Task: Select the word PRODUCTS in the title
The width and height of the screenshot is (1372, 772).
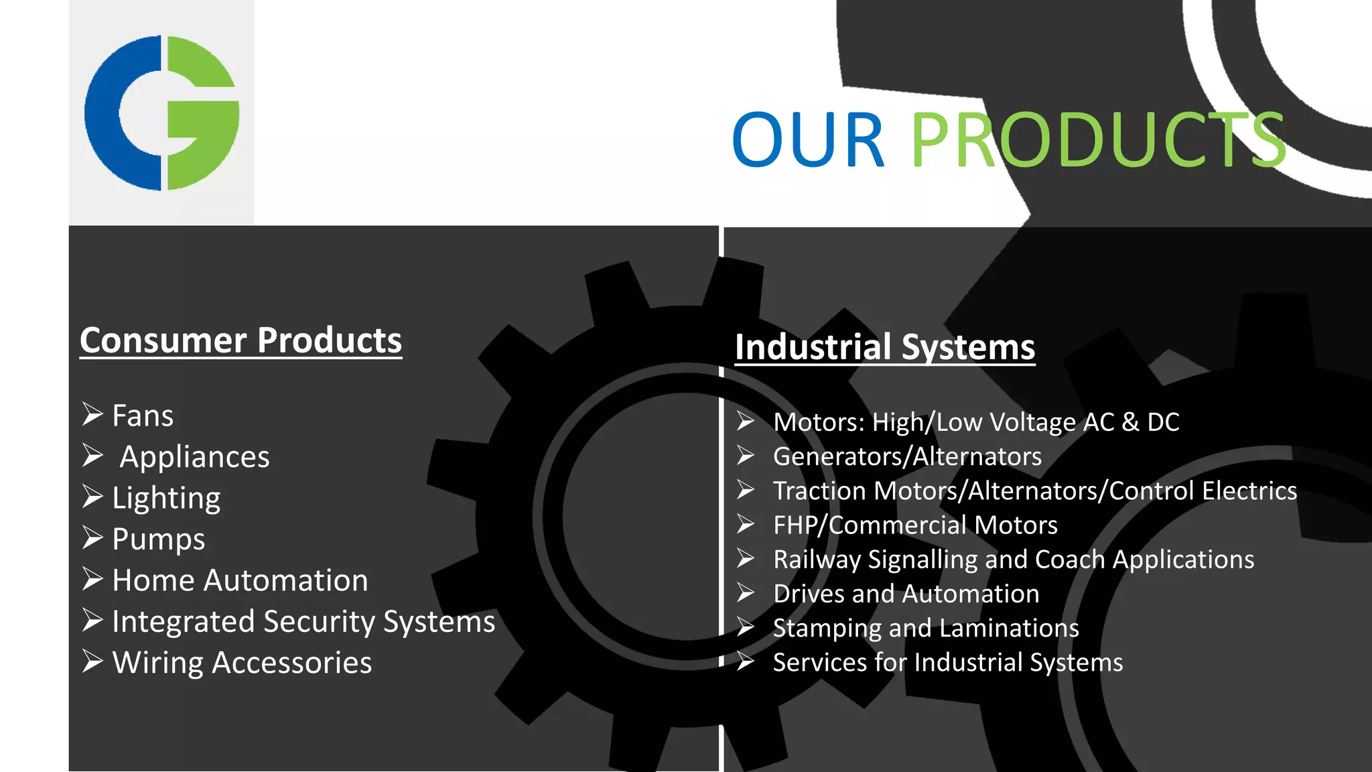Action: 1097,141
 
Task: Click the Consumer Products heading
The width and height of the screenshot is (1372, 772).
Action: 241,340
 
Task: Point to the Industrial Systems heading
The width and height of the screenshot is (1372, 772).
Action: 884,347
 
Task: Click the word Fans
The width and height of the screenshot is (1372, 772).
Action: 143,415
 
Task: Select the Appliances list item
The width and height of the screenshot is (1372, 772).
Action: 194,457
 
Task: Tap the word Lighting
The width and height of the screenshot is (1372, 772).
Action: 166,498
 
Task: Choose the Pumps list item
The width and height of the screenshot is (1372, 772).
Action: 159,539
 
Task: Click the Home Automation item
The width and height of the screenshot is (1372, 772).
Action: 240,580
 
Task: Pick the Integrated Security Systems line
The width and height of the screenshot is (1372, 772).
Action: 303,621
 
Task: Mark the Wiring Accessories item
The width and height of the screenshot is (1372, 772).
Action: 242,663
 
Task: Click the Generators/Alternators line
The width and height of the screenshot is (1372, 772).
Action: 907,456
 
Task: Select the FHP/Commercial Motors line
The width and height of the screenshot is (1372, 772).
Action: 915,525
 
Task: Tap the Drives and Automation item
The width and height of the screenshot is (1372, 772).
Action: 906,594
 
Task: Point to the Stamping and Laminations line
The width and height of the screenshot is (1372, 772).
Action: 926,628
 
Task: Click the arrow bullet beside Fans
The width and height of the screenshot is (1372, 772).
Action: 92,414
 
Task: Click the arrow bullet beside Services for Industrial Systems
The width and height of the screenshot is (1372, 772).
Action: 746,662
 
